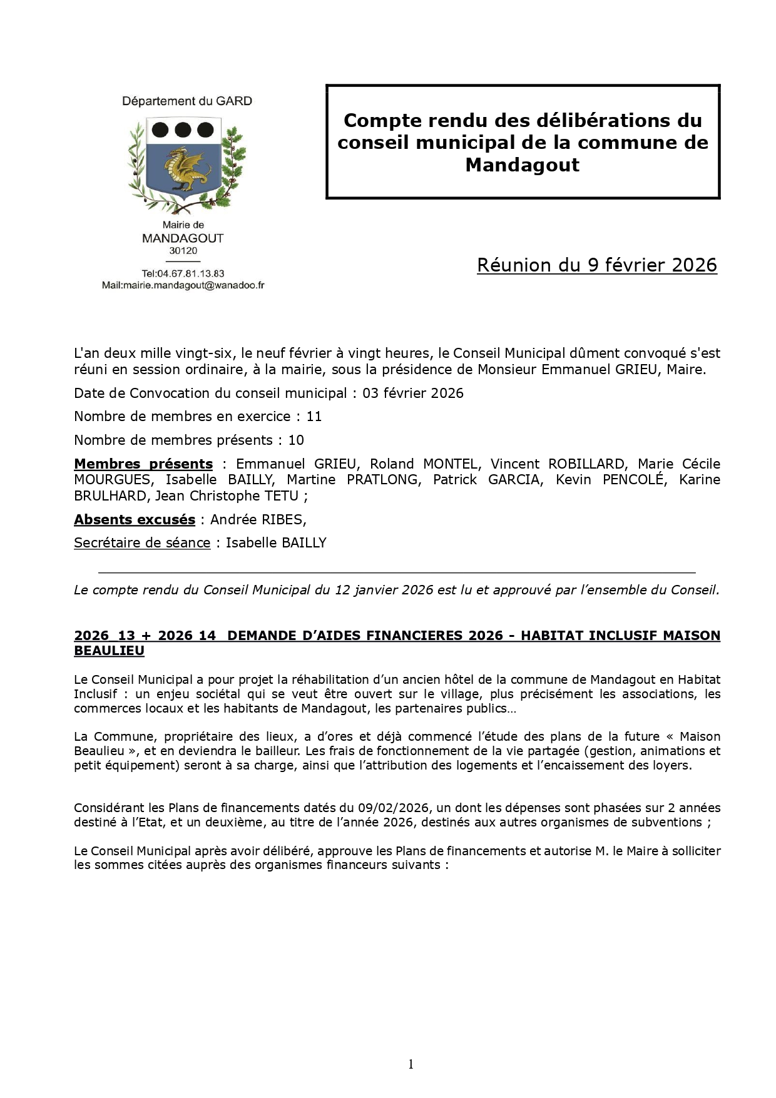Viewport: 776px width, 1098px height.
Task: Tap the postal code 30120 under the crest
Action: (x=183, y=251)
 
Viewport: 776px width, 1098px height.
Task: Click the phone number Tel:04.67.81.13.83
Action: (x=183, y=273)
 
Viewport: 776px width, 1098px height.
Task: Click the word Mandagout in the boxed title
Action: (x=522, y=165)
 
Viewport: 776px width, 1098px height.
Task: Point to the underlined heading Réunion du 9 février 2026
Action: (x=596, y=265)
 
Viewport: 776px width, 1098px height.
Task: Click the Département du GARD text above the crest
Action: (x=186, y=101)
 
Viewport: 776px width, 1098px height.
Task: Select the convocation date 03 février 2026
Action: (x=412, y=394)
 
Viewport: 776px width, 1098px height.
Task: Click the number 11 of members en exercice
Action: (x=314, y=417)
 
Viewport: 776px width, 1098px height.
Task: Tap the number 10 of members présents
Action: (x=295, y=440)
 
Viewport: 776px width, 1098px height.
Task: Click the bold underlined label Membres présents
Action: (x=143, y=464)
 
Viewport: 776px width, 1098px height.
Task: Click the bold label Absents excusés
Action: (x=135, y=520)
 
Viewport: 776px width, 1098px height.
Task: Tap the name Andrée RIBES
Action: (x=257, y=520)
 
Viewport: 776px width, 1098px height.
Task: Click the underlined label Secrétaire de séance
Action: (x=142, y=543)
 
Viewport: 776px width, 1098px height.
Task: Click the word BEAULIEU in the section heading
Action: (x=109, y=651)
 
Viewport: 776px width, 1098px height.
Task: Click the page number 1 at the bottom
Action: (x=411, y=1064)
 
